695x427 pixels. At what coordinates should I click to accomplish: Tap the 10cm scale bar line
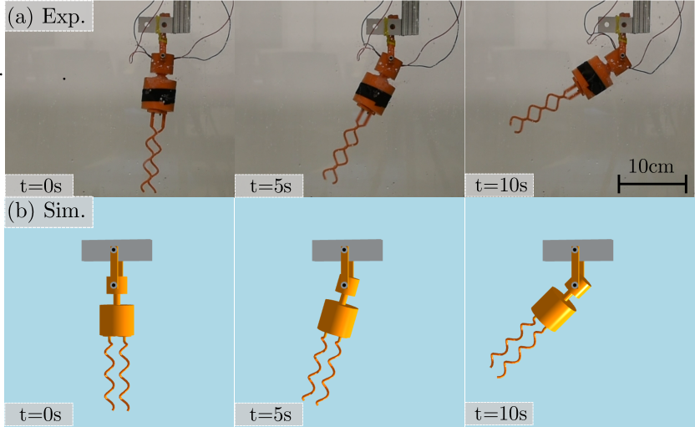click(x=652, y=184)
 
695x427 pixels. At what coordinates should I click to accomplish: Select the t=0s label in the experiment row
click(x=41, y=186)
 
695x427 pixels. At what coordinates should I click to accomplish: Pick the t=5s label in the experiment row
click(x=271, y=186)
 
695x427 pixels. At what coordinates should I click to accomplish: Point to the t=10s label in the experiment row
click(x=501, y=186)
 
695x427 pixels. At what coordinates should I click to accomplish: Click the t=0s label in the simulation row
click(x=40, y=414)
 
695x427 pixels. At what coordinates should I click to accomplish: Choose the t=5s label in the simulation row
click(x=271, y=414)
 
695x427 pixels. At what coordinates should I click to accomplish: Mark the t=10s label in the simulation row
click(x=500, y=414)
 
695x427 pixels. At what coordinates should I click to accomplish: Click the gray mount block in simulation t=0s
click(x=117, y=251)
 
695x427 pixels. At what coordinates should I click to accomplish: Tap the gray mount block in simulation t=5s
click(x=347, y=251)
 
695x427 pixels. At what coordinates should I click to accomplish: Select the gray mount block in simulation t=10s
click(x=578, y=251)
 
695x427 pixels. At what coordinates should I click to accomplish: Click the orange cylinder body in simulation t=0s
click(x=117, y=320)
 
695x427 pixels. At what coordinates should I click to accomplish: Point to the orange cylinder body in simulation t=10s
click(x=554, y=309)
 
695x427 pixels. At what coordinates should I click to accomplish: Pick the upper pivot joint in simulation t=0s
click(x=114, y=250)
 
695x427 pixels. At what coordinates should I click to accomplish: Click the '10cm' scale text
click(x=651, y=166)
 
